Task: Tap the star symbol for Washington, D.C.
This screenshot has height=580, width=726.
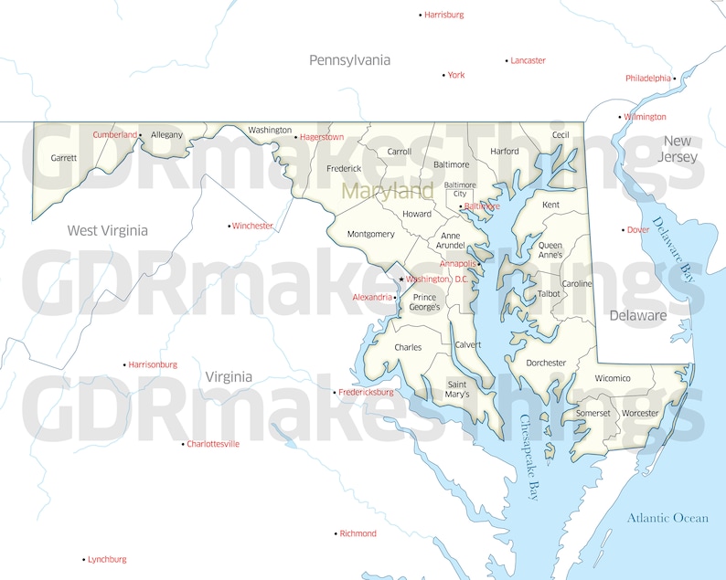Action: pos(400,279)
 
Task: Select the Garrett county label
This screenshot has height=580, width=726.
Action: pos(64,157)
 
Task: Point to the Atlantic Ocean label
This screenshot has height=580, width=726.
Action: pos(667,518)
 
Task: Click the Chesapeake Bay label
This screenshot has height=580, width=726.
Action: pos(529,457)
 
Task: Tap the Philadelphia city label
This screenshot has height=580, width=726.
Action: pos(648,79)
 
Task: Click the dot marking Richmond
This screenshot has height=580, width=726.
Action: pos(335,533)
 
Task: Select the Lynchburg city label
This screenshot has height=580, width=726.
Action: pos(107,559)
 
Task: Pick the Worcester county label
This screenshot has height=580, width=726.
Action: pos(640,413)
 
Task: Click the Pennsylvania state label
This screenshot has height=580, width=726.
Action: pos(349,60)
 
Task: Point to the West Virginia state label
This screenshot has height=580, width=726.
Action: pos(107,230)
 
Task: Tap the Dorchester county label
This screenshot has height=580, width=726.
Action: pos(546,363)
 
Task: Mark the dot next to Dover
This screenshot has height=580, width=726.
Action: pos(624,230)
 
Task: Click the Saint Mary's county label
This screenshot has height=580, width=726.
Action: pos(457,389)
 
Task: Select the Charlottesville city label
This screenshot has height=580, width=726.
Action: pos(213,444)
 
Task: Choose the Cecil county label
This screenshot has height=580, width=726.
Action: pos(560,135)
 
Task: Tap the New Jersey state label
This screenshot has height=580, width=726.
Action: pos(677,148)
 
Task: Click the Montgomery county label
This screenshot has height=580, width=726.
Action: pos(370,234)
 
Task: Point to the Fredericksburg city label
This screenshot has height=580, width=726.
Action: pos(366,392)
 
